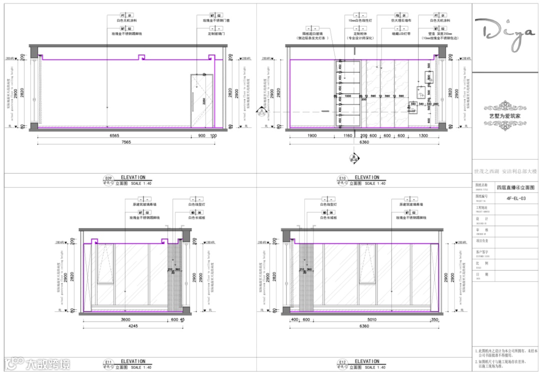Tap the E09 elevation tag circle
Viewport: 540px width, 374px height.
tap(107, 178)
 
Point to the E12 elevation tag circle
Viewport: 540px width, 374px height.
tap(342, 363)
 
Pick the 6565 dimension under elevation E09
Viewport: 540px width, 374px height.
tap(113, 135)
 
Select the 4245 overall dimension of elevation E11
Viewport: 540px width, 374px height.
tap(132, 326)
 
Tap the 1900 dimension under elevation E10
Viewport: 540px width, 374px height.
tap(312, 135)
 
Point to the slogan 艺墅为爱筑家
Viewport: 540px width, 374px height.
tap(505, 115)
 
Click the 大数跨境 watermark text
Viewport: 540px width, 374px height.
tap(48, 364)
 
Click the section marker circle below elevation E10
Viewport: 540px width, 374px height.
tap(355, 158)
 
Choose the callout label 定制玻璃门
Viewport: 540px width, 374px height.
tap(216, 33)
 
